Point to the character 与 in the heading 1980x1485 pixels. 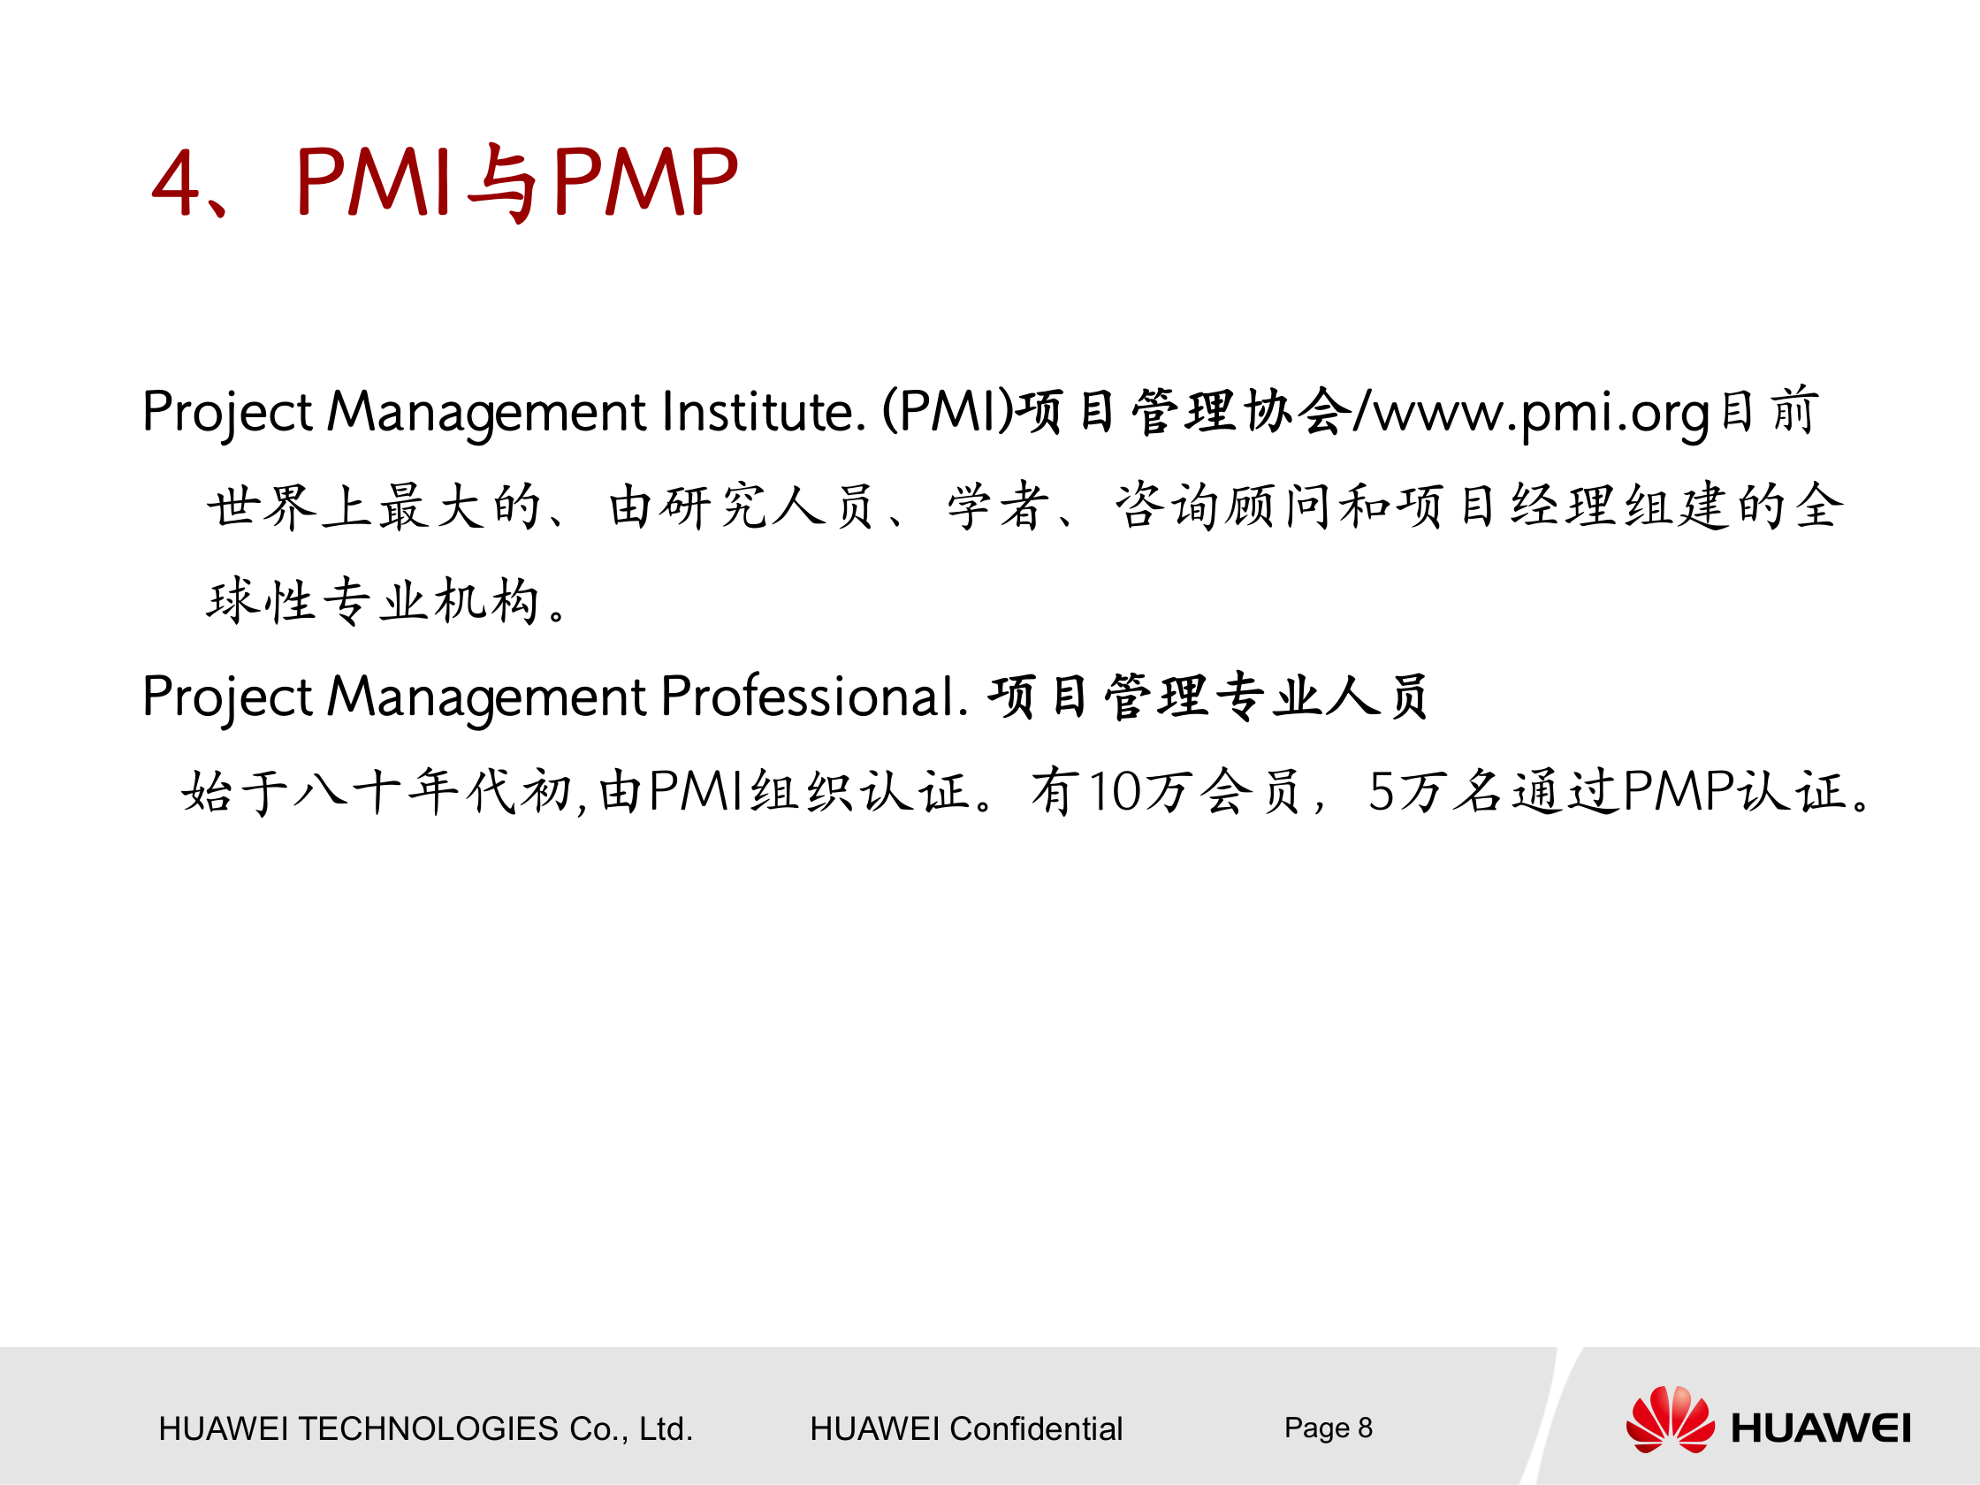(x=501, y=184)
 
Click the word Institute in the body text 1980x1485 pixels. (x=764, y=412)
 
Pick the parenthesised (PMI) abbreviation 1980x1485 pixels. (x=948, y=412)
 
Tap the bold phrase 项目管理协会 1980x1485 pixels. (x=1184, y=412)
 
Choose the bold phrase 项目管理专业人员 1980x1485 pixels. (x=1207, y=697)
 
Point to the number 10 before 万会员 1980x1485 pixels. (x=1115, y=792)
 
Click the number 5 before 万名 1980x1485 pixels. (x=1382, y=792)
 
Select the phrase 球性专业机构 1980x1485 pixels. (x=373, y=599)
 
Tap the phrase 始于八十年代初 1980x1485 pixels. (x=377, y=792)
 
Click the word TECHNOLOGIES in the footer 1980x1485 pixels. (x=428, y=1428)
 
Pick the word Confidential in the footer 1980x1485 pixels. (x=1036, y=1428)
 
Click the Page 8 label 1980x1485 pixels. (x=1329, y=1428)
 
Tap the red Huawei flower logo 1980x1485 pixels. (x=1671, y=1419)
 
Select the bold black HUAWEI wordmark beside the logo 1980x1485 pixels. (x=1821, y=1428)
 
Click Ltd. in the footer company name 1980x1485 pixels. (x=666, y=1428)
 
